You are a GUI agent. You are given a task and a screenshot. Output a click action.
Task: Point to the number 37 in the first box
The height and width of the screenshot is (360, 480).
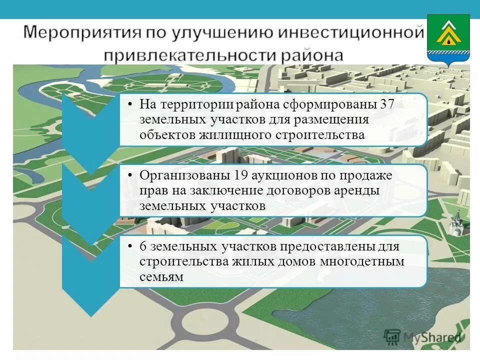coord(389,104)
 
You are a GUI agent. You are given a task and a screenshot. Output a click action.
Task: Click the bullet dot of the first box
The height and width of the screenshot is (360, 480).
coord(129,105)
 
